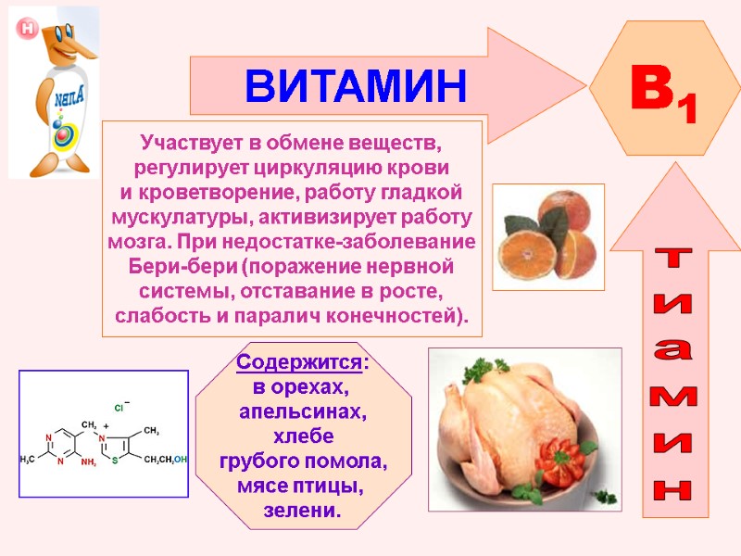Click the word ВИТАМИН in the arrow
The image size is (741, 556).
356,87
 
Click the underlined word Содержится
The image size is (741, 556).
300,361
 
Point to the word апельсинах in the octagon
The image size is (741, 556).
302,411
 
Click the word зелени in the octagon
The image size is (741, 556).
302,511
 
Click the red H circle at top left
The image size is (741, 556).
27,29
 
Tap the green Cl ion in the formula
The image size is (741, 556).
119,407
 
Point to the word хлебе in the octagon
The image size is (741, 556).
302,436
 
